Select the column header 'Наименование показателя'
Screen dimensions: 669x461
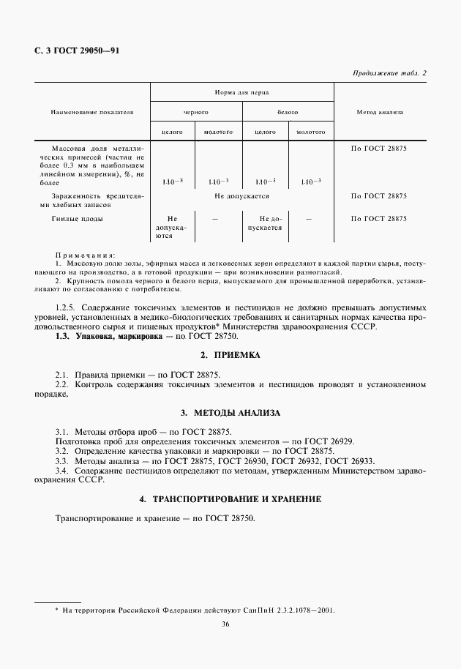92,112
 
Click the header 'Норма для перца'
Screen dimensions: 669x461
241,93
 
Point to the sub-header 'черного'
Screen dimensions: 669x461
195,112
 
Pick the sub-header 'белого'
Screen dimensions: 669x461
287,112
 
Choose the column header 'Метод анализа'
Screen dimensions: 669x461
379,112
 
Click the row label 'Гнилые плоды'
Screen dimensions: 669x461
78,219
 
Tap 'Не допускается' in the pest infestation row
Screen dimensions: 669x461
241,196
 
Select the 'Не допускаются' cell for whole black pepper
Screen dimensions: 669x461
172,227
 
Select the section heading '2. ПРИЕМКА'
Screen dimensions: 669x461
230,354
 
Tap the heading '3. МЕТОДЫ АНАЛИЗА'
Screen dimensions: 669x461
230,413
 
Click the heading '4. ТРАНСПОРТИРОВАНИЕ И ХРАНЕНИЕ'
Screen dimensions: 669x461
230,498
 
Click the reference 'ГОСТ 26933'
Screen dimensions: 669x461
350,461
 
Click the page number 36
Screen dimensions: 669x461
230,624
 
